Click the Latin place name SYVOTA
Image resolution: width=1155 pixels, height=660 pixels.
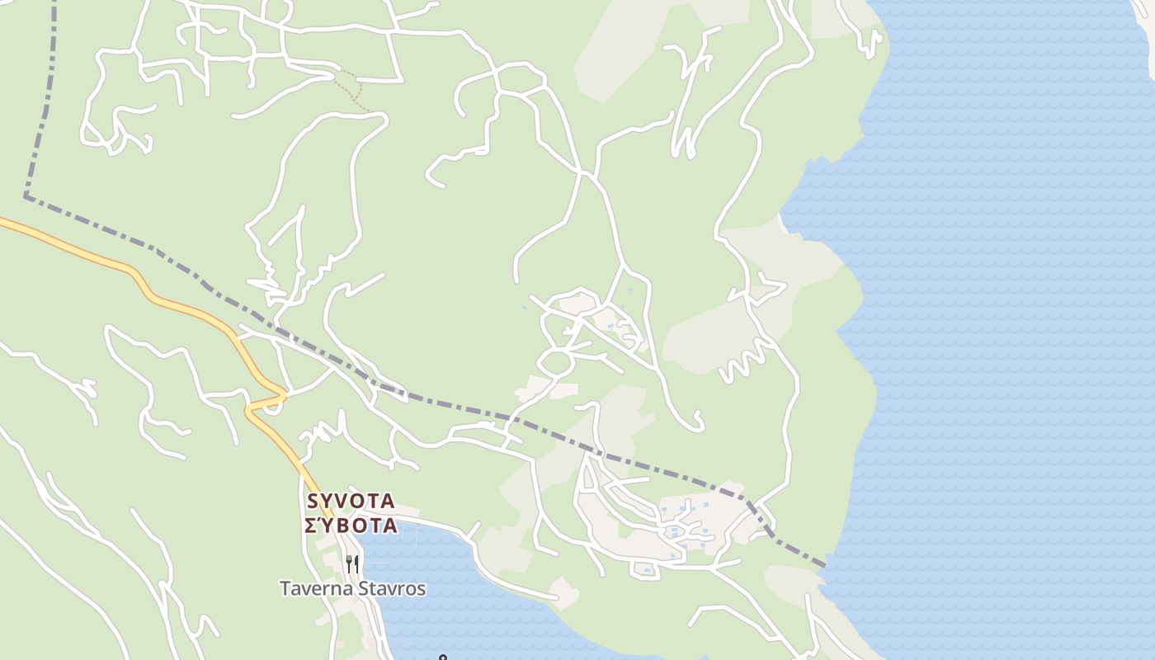[x=351, y=501]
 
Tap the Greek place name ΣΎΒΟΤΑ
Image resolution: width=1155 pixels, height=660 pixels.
[x=351, y=526]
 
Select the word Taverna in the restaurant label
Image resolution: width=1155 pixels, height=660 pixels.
[x=312, y=589]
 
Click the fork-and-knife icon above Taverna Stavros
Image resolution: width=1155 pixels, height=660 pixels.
[x=352, y=564]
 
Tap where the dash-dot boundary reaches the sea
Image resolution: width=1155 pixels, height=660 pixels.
[x=824, y=565]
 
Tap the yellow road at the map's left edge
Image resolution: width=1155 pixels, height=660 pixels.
[x=7, y=222]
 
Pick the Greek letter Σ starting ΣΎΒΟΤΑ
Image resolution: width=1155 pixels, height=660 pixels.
[x=311, y=526]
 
